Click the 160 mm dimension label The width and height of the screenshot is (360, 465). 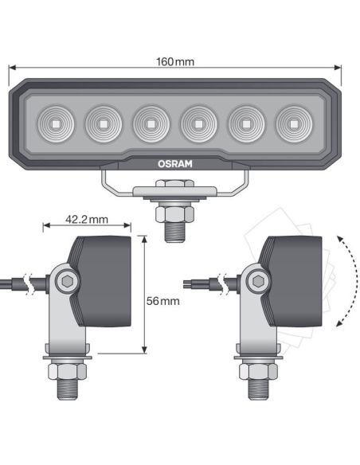[x=176, y=61]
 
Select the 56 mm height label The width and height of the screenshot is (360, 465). [x=163, y=301]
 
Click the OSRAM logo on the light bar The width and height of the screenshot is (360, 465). [x=174, y=163]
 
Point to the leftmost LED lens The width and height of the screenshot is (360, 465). [x=56, y=123]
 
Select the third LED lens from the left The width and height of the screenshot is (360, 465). [x=151, y=123]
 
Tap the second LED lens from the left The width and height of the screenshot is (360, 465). [x=103, y=123]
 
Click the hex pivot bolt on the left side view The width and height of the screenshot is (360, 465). [x=67, y=280]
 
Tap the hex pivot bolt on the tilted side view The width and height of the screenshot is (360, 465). [x=256, y=280]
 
